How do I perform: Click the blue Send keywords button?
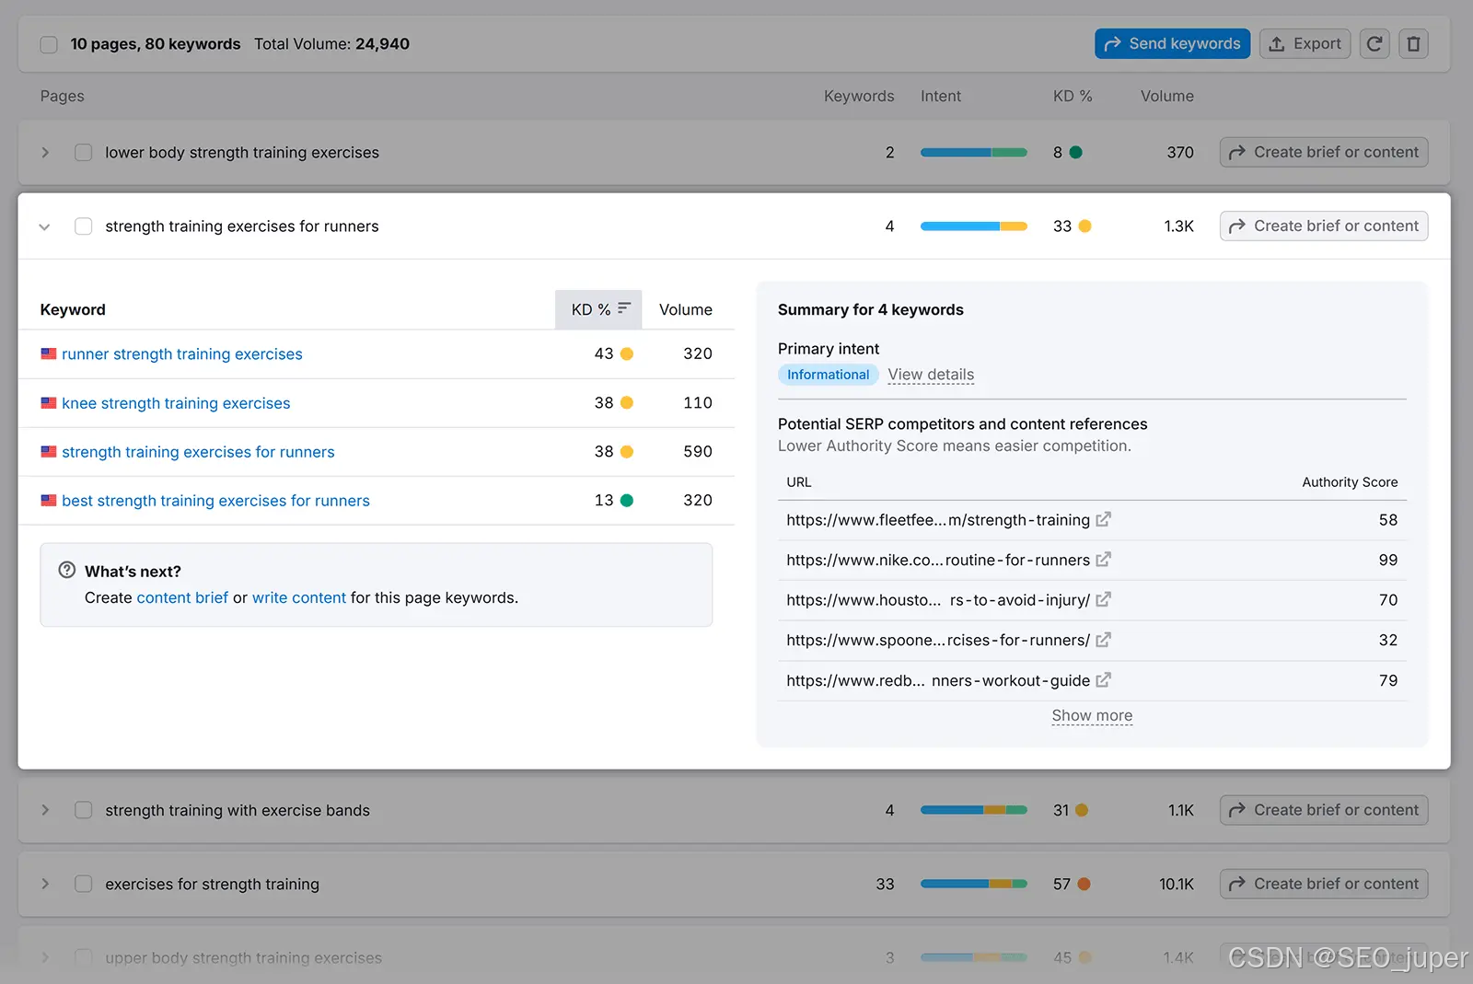coord(1172,43)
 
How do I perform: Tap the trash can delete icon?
coord(1413,43)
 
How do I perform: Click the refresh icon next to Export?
coord(1374,43)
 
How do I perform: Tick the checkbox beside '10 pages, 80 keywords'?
coord(49,44)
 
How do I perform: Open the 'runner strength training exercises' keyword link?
coord(182,353)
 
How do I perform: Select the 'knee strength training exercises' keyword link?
coord(176,403)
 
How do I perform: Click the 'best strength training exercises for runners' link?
coord(215,500)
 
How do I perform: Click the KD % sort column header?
coord(598,309)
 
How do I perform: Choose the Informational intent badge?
coord(828,374)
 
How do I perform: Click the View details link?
coord(931,374)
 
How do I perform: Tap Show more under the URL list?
coord(1092,715)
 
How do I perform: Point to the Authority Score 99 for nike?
coord(1387,560)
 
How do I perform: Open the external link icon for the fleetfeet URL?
coord(1104,519)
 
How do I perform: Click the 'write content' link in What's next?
coord(298,597)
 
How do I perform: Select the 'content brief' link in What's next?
coord(182,597)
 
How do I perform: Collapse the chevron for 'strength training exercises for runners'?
coord(45,226)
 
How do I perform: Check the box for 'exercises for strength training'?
coord(84,884)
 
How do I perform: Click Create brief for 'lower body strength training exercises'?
coord(1324,153)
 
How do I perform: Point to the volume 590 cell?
coord(697,452)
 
